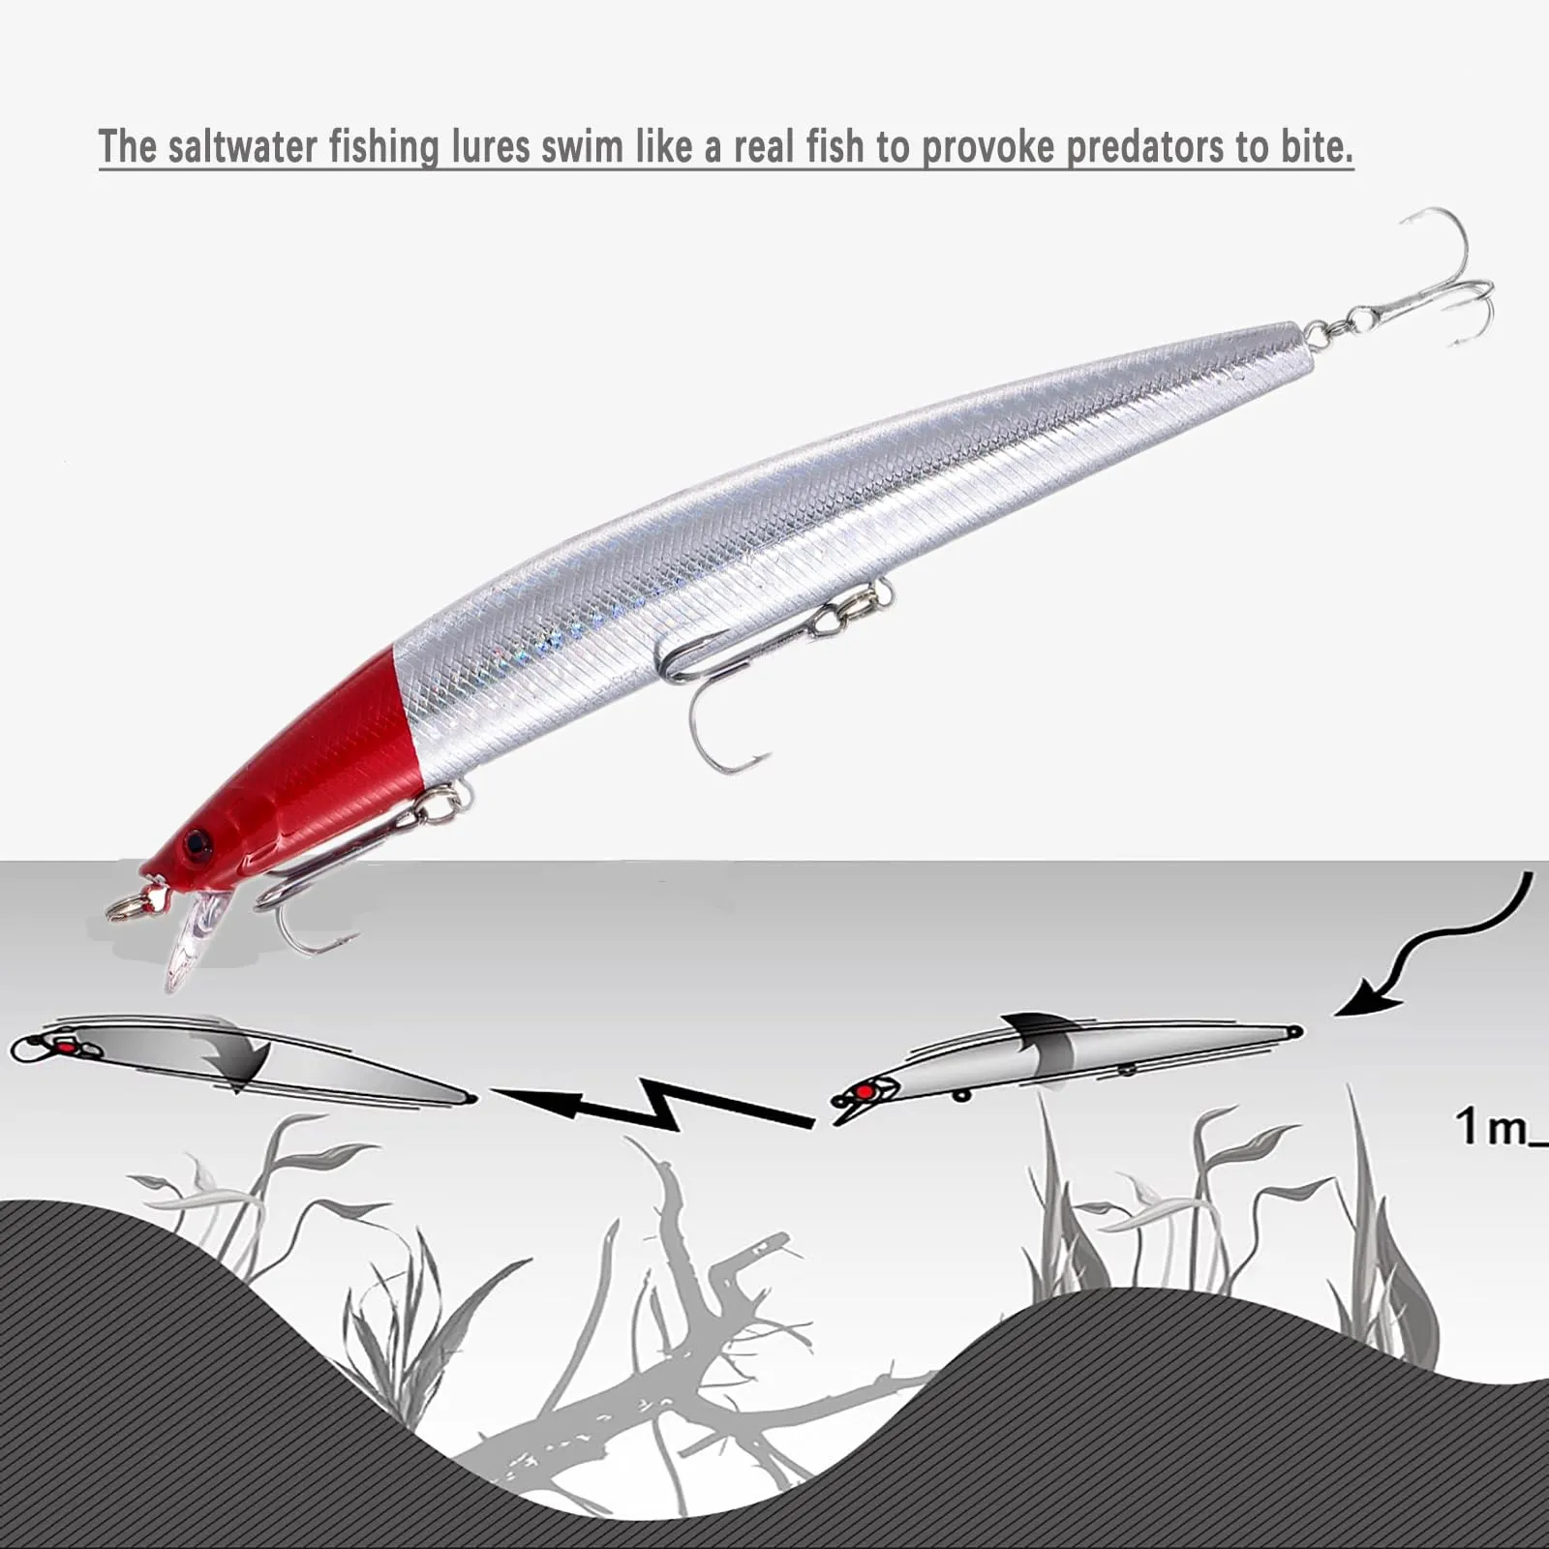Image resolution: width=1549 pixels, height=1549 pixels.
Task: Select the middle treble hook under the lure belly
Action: [765, 668]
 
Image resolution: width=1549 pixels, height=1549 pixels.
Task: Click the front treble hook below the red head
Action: [358, 862]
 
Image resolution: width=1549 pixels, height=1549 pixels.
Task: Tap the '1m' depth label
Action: [1499, 1128]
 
